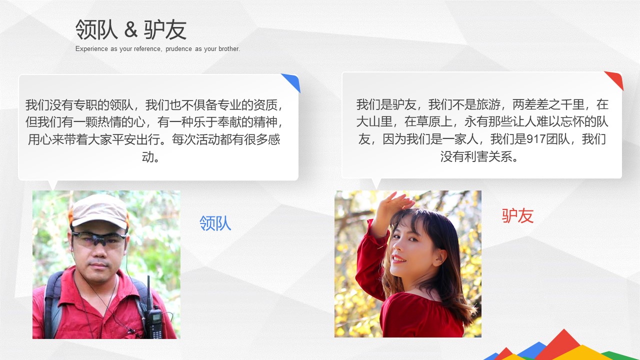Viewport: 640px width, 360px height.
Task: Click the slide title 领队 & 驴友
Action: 131,30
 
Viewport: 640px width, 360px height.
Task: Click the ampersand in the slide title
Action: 130,30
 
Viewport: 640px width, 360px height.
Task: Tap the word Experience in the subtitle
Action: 91,49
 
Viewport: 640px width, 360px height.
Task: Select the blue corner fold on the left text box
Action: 291,81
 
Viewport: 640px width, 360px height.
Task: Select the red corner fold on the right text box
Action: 615,79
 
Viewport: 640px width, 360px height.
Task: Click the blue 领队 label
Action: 215,223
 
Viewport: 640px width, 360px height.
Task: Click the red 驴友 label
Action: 517,216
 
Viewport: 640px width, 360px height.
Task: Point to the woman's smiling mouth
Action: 398,259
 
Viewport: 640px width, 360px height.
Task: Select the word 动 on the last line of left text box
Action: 148,157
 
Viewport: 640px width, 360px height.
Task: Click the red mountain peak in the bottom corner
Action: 564,340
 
